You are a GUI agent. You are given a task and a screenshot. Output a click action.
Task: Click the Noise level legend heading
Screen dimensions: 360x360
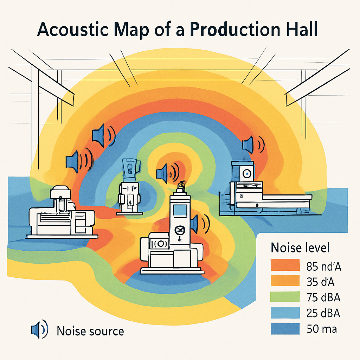(x=300, y=247)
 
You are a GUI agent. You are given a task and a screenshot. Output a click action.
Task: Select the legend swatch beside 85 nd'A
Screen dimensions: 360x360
(x=285, y=266)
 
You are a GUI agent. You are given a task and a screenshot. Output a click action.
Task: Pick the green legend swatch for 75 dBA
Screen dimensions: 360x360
(x=285, y=297)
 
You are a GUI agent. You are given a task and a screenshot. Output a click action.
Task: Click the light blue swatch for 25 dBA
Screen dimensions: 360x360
(x=285, y=313)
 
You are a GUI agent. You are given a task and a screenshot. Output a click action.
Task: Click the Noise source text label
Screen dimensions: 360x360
(x=90, y=331)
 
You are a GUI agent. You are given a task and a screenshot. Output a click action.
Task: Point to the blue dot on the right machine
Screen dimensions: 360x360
(x=246, y=173)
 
